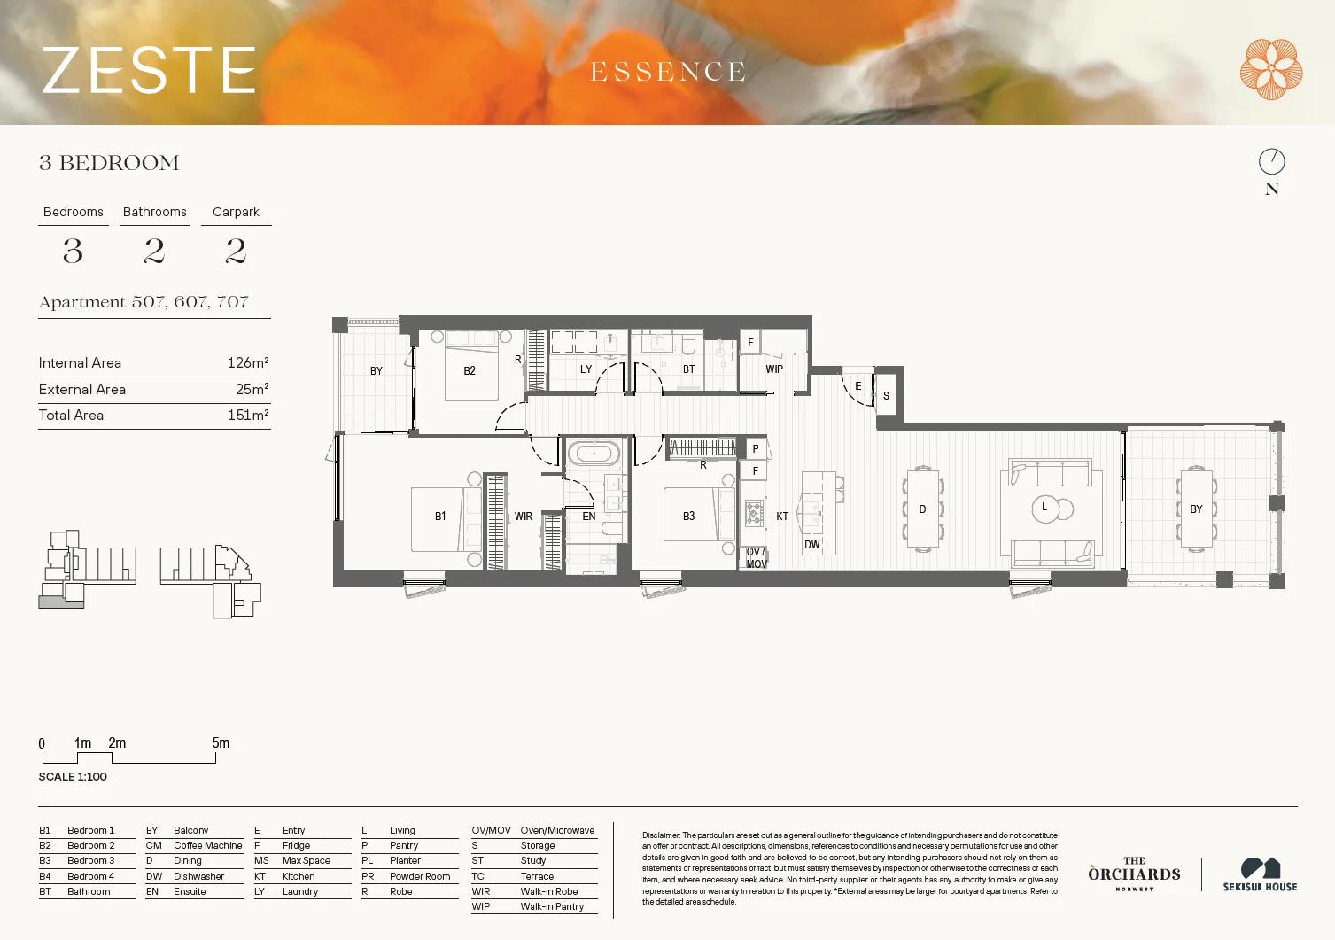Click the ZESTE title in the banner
149,71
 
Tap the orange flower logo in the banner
1270,69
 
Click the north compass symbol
1271,161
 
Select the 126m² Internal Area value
247,362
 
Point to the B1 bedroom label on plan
440,517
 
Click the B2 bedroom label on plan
470,371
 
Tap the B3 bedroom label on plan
688,517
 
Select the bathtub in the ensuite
594,454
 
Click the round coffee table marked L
1045,509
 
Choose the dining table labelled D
922,509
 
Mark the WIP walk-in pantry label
774,369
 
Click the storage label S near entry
886,396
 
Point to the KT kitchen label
782,517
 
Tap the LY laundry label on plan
586,369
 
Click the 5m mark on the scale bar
220,743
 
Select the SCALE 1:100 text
73,777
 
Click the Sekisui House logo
1260,874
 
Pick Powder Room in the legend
420,876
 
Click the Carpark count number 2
236,252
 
